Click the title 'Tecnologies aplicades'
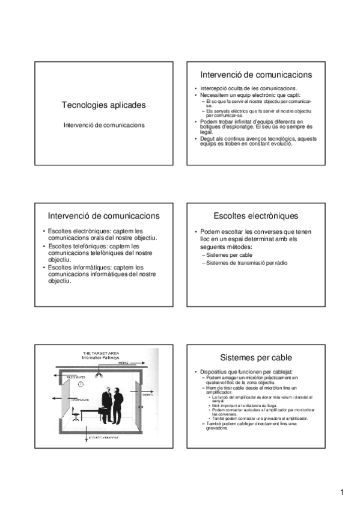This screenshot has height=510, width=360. point(103,105)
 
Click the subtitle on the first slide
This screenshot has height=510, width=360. point(103,125)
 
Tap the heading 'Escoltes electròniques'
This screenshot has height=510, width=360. point(255,215)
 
